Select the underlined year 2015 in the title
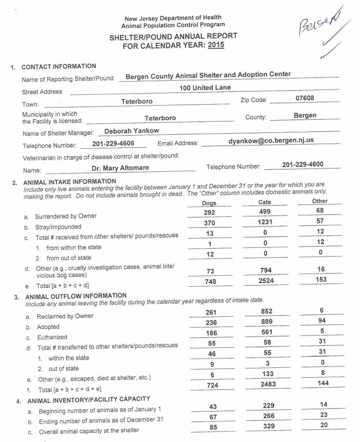click(x=216, y=45)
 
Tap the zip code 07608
click(x=305, y=98)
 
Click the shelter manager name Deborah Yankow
click(x=131, y=131)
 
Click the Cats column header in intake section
click(x=265, y=202)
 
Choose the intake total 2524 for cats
click(x=266, y=281)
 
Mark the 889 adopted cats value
click(x=266, y=322)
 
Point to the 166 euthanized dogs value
click(x=212, y=333)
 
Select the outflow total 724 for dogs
click(x=212, y=385)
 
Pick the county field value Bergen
click(x=305, y=115)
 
